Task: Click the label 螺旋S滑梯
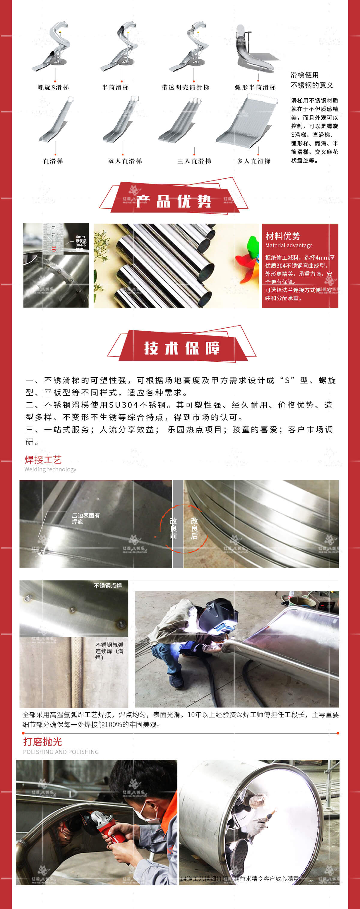pyautogui.click(x=53, y=88)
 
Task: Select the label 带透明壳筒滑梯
pyautogui.click(x=185, y=88)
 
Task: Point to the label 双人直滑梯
pyautogui.click(x=125, y=161)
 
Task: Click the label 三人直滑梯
pyautogui.click(x=194, y=161)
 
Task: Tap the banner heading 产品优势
pyautogui.click(x=174, y=201)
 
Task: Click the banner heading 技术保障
pyautogui.click(x=182, y=348)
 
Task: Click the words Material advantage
pyautogui.click(x=289, y=246)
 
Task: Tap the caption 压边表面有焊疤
pyautogui.click(x=85, y=518)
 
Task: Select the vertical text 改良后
pyautogui.click(x=194, y=528)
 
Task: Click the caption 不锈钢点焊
pyautogui.click(x=108, y=586)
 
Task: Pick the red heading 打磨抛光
pyautogui.click(x=42, y=742)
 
